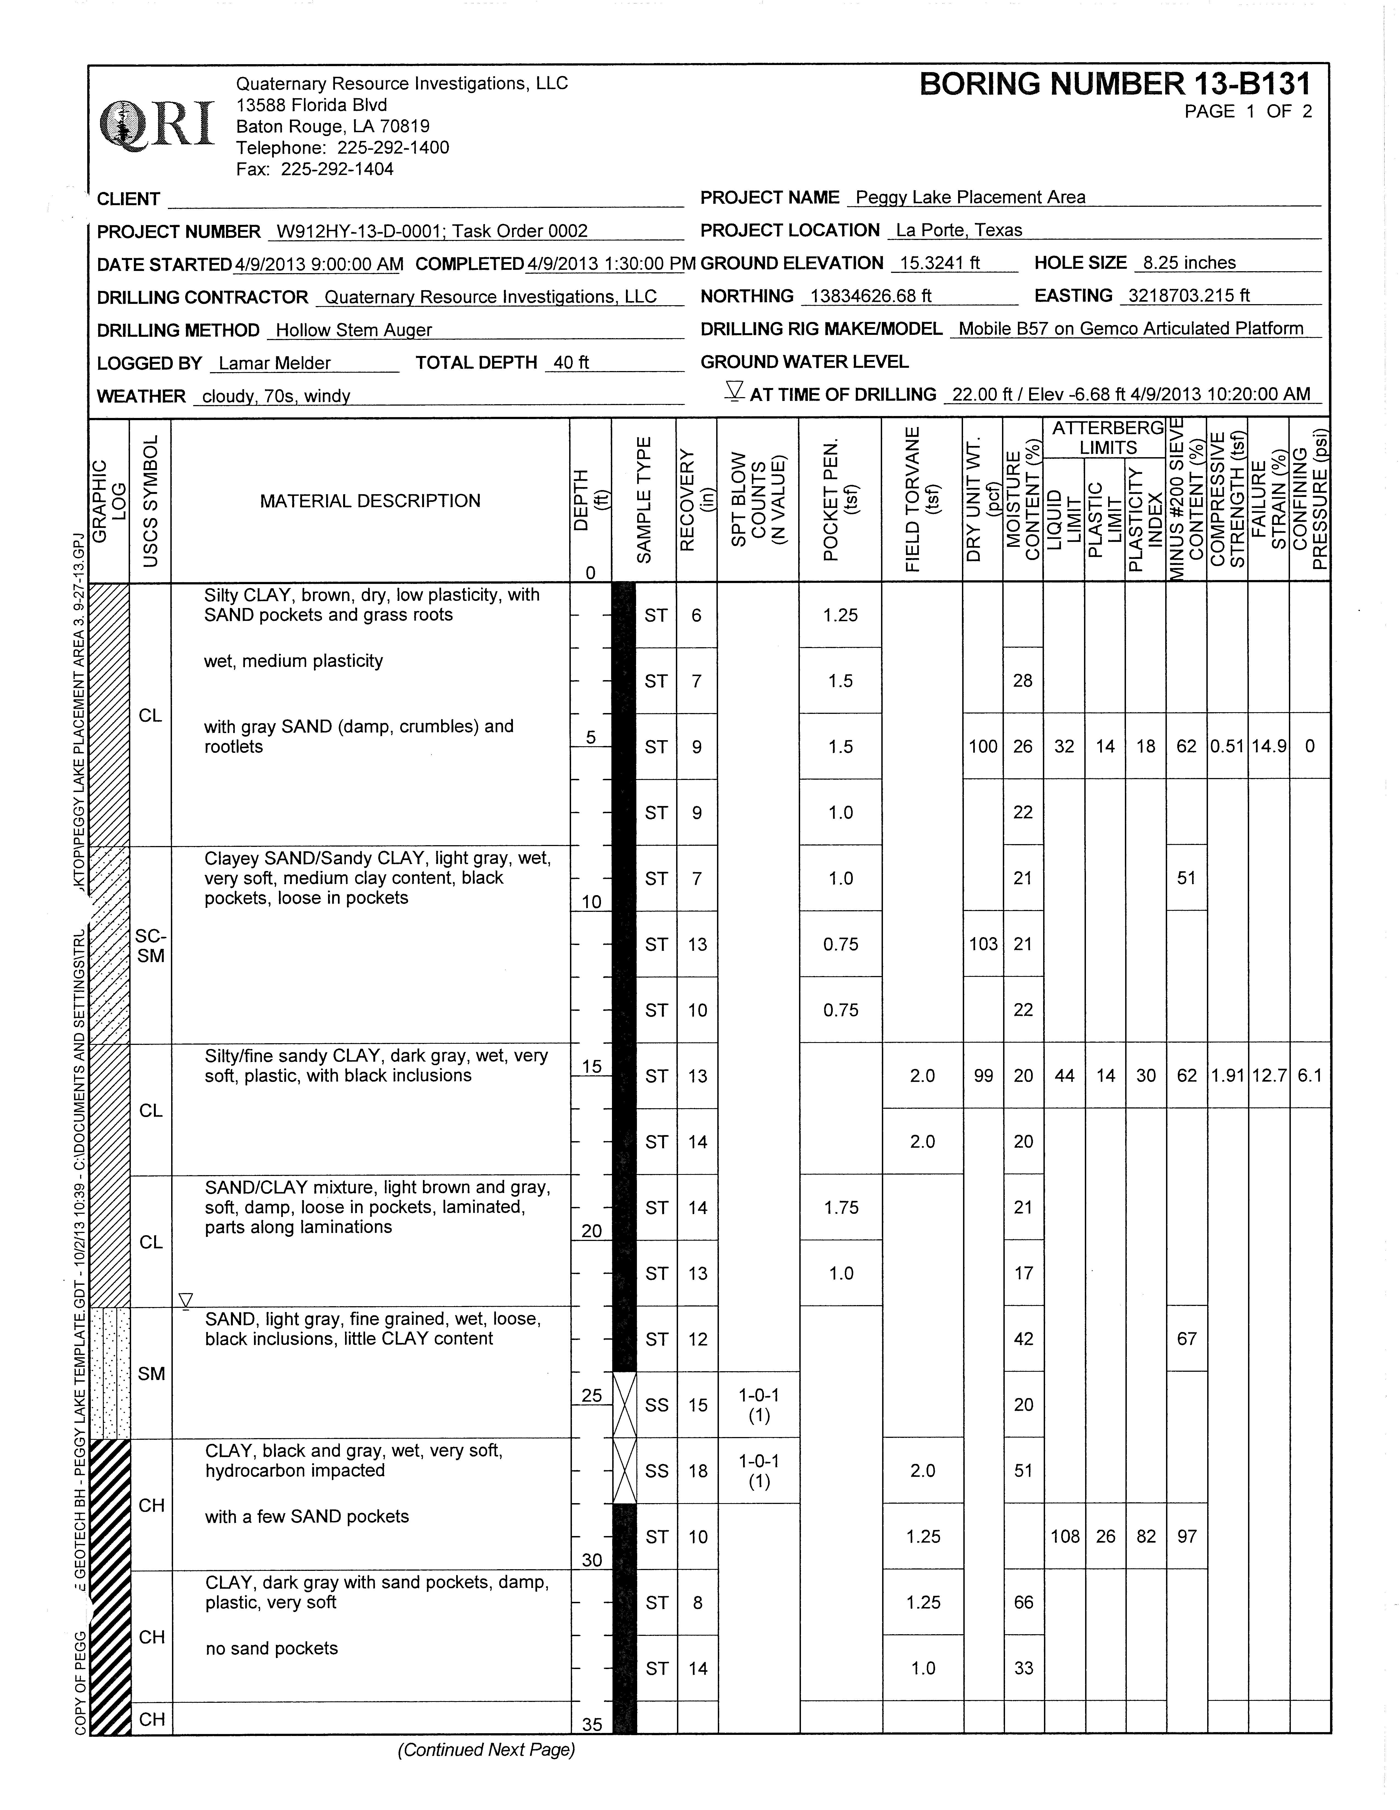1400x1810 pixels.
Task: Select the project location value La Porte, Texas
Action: (959, 230)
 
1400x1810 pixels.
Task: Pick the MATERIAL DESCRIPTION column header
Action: (370, 500)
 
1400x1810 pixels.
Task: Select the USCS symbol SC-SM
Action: (151, 946)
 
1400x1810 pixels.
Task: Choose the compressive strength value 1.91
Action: (1227, 1076)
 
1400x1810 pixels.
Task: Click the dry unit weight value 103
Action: (983, 944)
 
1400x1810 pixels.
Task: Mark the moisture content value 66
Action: (1024, 1603)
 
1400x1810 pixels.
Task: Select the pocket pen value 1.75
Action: (841, 1207)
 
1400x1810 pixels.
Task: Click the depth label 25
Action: (591, 1396)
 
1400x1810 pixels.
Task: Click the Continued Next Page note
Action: (486, 1749)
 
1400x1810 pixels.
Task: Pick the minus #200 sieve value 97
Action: (1187, 1537)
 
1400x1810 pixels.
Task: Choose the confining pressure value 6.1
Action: (1310, 1076)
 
